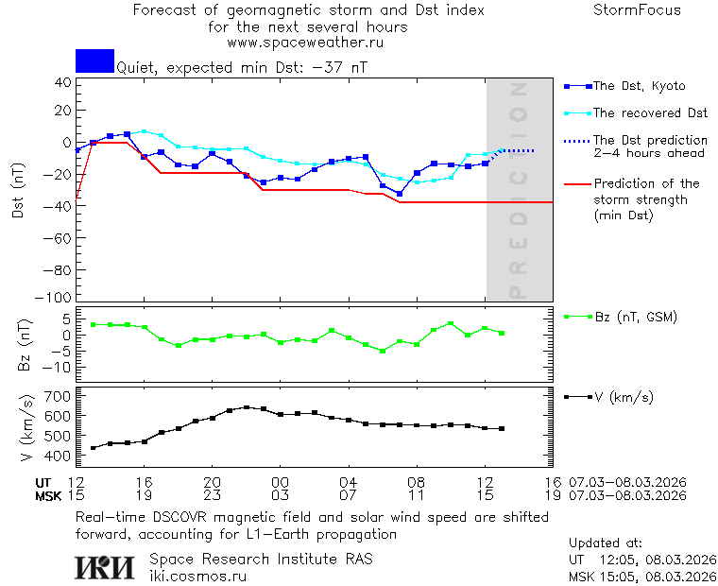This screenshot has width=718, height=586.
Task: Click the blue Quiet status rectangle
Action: [x=94, y=60]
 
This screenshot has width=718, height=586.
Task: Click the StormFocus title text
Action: [x=637, y=10]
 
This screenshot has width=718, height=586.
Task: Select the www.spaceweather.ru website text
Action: [x=305, y=43]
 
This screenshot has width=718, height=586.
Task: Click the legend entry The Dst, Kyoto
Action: [x=638, y=86]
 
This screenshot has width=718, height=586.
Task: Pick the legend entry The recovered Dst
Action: [x=649, y=113]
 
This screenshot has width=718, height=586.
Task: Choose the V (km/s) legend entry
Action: [x=623, y=397]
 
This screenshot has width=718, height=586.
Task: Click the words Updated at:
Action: [x=605, y=543]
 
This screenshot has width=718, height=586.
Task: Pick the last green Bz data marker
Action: [x=502, y=333]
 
